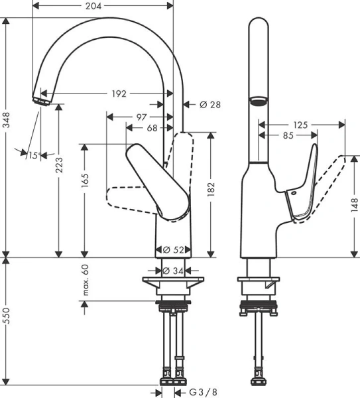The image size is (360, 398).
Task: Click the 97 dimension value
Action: pos(141,117)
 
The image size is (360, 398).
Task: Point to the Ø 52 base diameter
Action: pos(173,250)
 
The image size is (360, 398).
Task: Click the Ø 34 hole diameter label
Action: pos(173,271)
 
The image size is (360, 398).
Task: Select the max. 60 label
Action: pos(85,279)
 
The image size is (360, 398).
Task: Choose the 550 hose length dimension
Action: pos(7,325)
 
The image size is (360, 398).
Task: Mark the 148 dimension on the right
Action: pos(355,206)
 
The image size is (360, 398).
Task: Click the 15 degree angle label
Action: pos(32,155)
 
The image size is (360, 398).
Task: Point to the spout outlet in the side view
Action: pos(257,101)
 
